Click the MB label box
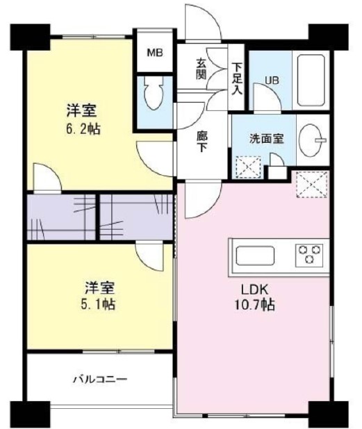pos(154,51)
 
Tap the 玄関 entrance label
pos(201,68)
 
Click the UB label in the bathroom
pos(272,81)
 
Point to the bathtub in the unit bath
pos(313,78)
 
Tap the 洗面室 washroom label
pos(266,138)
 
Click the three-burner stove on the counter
pos(311,255)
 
